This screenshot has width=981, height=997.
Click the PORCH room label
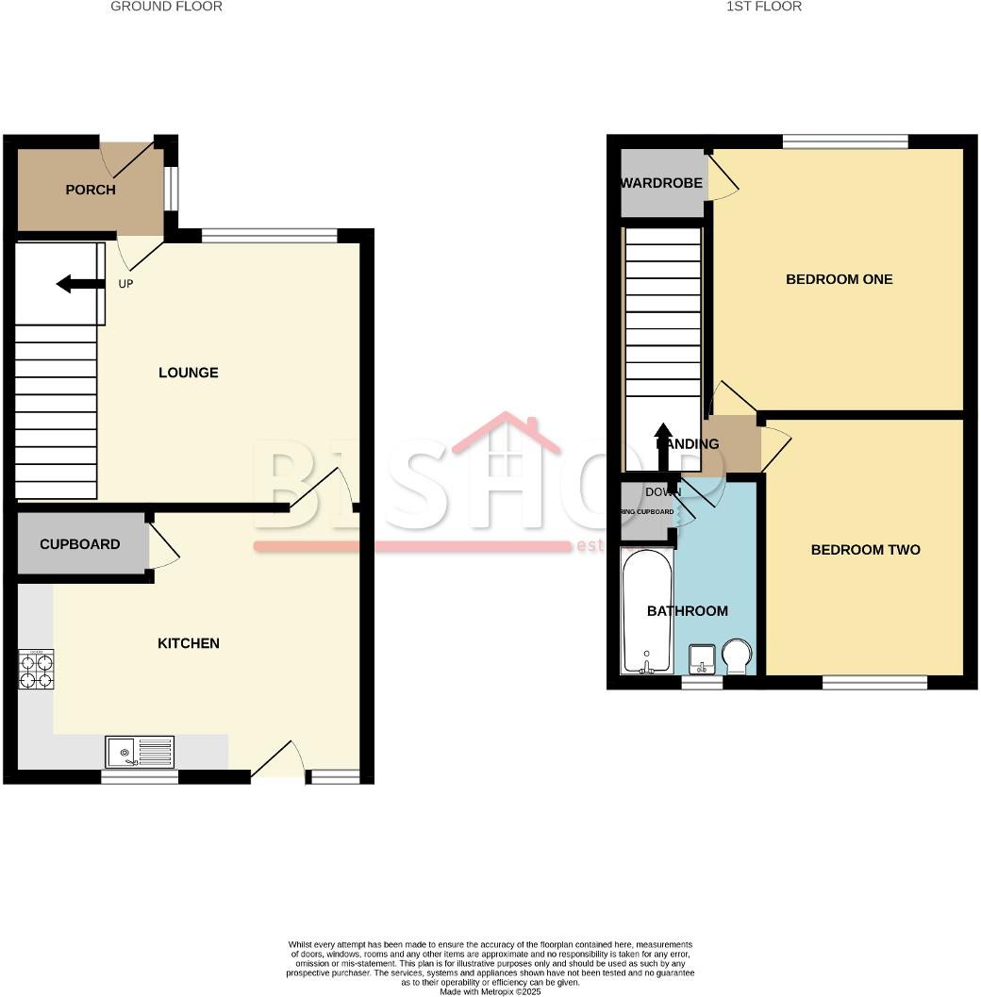click(91, 190)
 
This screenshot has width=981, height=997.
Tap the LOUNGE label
click(189, 373)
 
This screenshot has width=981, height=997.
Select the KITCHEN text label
click(188, 643)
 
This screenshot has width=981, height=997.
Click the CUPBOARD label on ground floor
click(80, 544)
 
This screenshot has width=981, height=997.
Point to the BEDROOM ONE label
click(839, 279)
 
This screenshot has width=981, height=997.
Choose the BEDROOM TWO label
click(865, 550)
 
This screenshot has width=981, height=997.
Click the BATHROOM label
click(688, 611)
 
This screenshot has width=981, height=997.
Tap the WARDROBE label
click(661, 183)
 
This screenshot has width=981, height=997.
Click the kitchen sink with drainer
click(140, 752)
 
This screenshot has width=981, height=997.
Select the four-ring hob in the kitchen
click(35, 670)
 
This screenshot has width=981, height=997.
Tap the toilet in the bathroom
click(738, 656)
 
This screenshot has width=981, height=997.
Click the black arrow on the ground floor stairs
click(76, 284)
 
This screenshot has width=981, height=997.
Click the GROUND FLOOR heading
click(167, 7)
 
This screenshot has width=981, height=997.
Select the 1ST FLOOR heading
click(764, 7)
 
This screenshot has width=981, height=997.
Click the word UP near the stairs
click(125, 283)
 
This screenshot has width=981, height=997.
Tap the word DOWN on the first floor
click(663, 491)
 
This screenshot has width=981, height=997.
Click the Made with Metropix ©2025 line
click(490, 990)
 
